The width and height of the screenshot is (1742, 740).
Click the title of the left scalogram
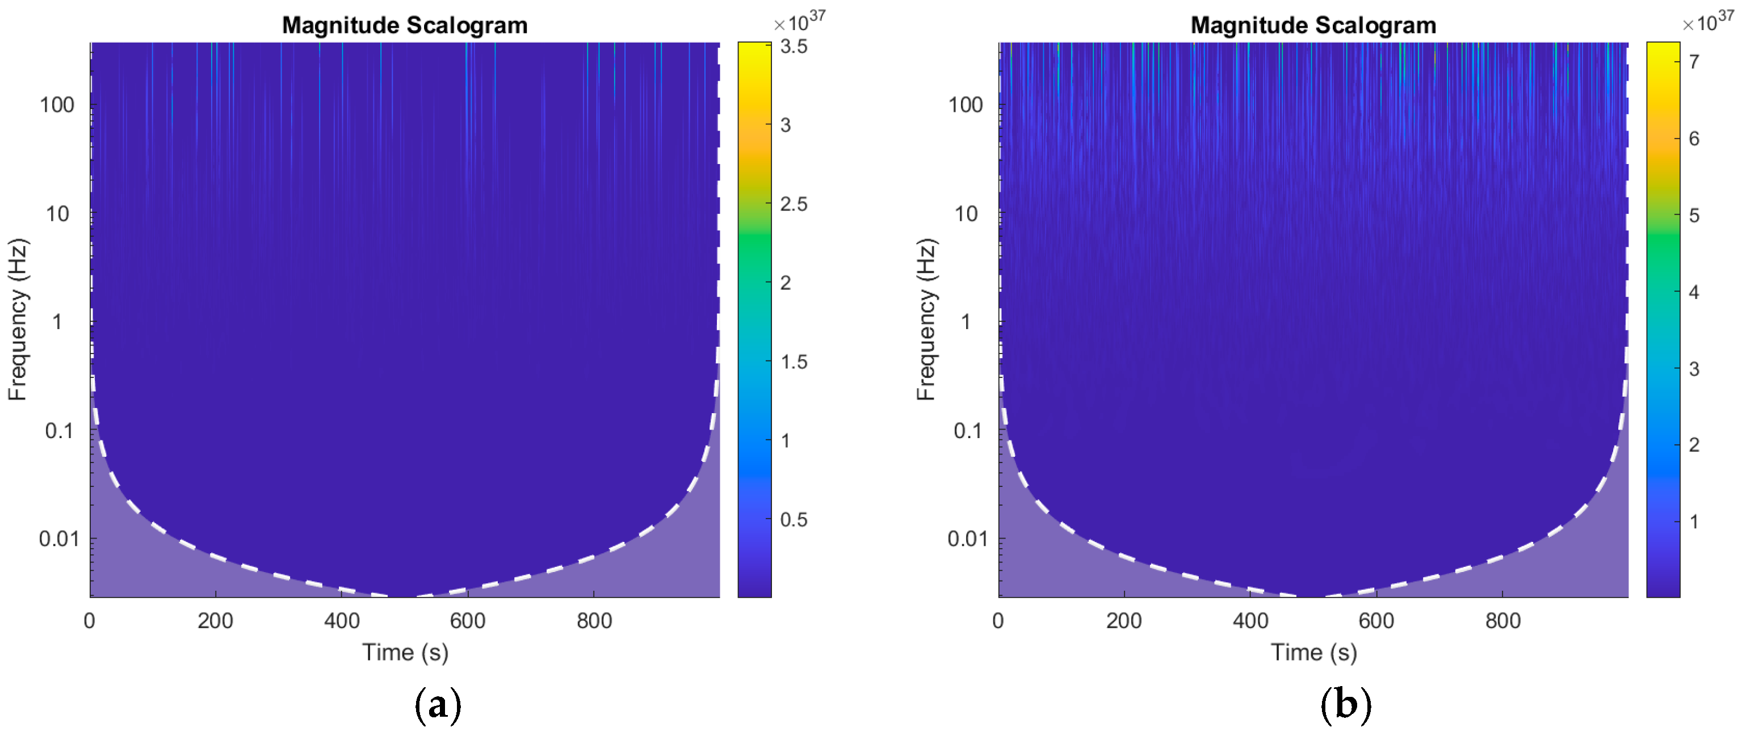(404, 26)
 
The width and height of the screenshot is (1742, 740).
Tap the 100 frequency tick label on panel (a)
(57, 105)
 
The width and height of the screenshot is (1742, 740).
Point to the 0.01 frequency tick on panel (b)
(967, 539)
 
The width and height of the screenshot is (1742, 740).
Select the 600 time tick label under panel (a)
(467, 620)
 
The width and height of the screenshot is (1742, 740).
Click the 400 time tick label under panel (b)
(1250, 620)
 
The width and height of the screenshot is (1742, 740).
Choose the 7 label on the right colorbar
(1693, 62)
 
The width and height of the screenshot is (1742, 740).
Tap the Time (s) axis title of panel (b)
(1313, 652)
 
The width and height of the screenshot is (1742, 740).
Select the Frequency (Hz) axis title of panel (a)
(18, 319)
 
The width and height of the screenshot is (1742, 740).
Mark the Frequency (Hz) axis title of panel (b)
(926, 319)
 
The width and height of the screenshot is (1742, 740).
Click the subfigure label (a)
(438, 705)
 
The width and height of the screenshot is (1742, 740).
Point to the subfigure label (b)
(1345, 705)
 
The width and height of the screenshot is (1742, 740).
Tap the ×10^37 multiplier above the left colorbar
(799, 22)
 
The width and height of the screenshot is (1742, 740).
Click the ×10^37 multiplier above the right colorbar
(1707, 22)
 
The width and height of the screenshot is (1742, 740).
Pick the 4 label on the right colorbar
(1693, 292)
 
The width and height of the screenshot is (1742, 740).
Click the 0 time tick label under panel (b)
(998, 620)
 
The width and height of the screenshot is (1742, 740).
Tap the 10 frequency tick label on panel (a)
(57, 215)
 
